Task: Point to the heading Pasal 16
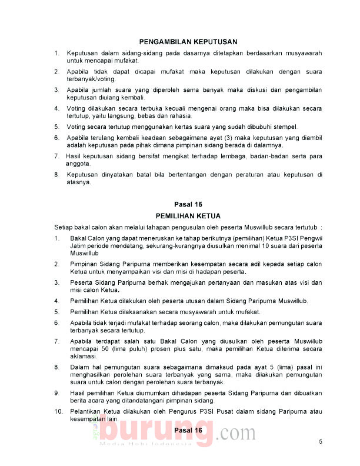pyautogui.click(x=188, y=431)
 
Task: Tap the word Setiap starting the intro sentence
pyautogui.click(x=64, y=227)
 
